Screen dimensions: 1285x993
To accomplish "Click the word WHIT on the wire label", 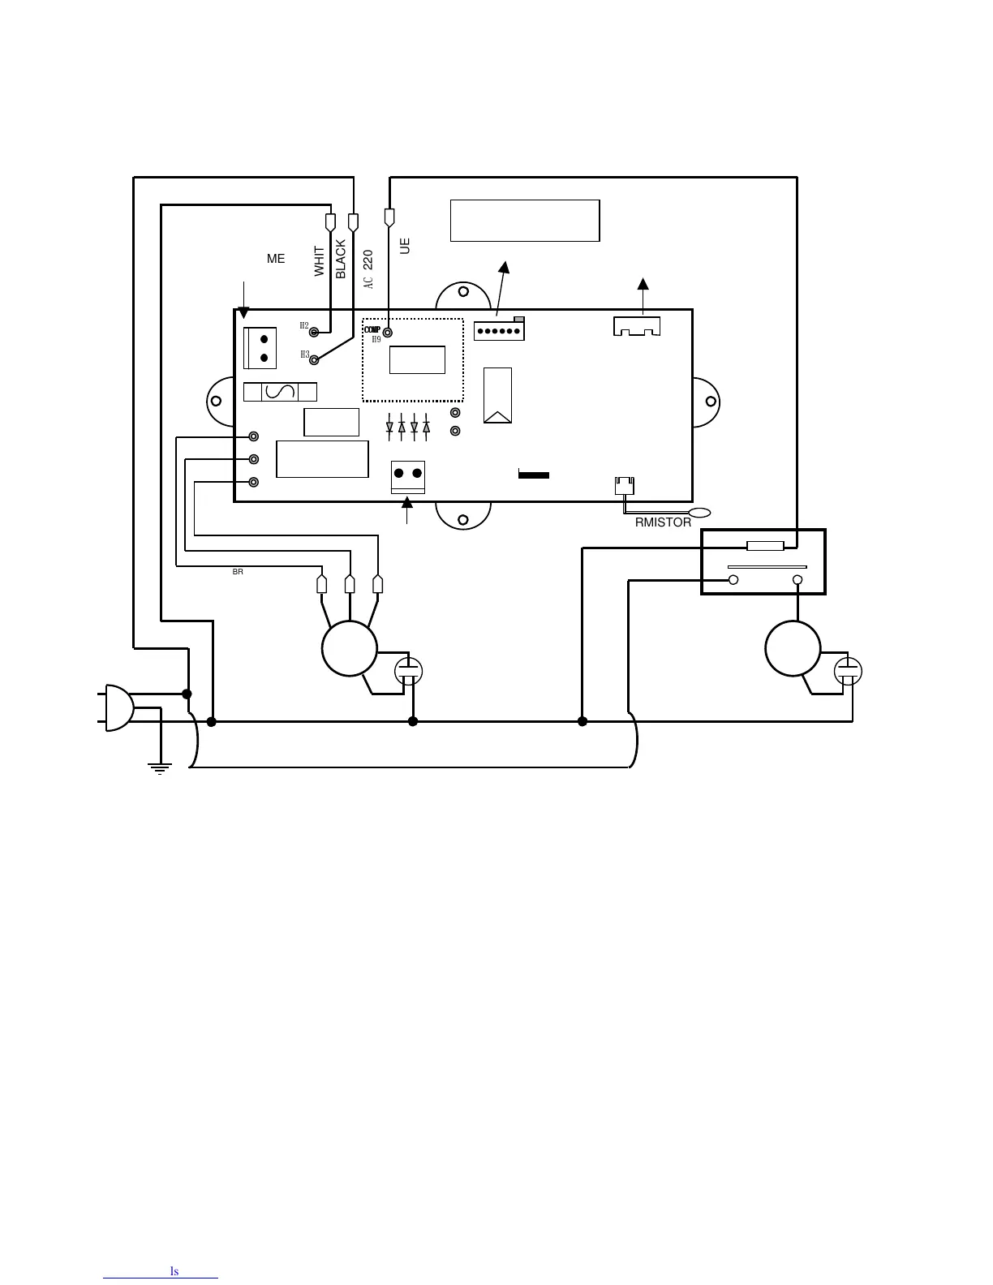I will coord(320,261).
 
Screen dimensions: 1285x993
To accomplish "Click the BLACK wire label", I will coord(341,259).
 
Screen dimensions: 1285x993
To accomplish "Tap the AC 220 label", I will coord(368,269).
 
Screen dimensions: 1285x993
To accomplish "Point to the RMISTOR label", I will coord(663,522).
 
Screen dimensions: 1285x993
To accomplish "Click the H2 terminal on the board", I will coord(314,331).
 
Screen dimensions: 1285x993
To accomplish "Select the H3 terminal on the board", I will coord(314,359).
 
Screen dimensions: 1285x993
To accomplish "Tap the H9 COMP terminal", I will coord(388,333).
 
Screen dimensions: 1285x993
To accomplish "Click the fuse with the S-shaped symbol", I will coord(280,393).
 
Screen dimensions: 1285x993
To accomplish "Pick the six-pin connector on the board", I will coord(499,331).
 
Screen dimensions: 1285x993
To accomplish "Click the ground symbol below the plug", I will coord(161,767).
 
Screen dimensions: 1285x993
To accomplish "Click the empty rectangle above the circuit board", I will coord(525,220).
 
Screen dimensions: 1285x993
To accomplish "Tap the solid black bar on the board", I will coord(534,475).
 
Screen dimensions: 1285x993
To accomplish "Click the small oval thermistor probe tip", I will coord(699,513).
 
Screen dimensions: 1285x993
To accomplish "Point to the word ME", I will coord(276,259).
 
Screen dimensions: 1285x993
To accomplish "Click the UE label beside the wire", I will coord(406,245).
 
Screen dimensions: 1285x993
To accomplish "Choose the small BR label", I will coord(238,572).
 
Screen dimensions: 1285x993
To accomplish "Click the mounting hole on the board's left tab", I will coord(216,401).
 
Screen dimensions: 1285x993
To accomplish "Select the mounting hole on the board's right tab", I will coord(711,402).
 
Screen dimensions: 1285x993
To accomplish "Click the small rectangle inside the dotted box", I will coord(417,359).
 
